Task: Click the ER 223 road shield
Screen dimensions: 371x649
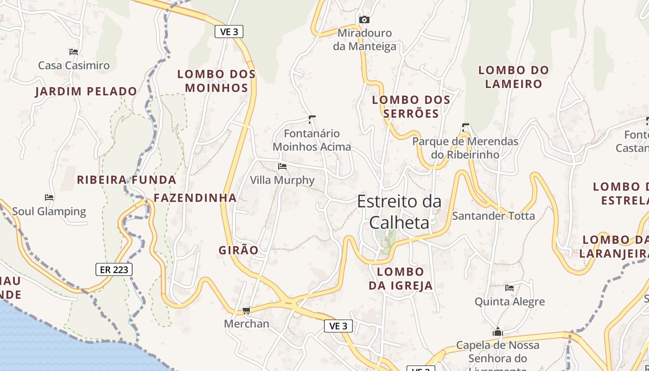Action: (x=114, y=269)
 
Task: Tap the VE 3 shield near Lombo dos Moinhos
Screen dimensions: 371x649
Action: (x=229, y=32)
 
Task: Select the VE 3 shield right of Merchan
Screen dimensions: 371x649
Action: (x=338, y=326)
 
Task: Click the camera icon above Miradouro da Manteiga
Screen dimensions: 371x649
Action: (x=364, y=19)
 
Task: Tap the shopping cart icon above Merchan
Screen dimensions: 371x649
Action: (x=246, y=310)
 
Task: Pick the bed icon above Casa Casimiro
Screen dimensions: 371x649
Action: (x=73, y=52)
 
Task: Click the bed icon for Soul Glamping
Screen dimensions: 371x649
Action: (x=49, y=198)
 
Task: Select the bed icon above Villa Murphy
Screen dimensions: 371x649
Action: (x=282, y=166)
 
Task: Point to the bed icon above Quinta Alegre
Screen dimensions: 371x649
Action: (x=509, y=288)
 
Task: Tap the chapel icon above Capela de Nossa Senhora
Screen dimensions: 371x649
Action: (x=498, y=332)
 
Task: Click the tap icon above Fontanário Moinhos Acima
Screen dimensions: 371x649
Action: (x=312, y=120)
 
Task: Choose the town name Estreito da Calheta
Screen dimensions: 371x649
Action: (x=399, y=212)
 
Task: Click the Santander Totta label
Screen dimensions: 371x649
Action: (x=493, y=216)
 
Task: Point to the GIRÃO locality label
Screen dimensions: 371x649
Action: (x=239, y=250)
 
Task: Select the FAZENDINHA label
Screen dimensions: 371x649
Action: (x=195, y=198)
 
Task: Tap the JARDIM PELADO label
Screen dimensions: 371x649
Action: (x=86, y=91)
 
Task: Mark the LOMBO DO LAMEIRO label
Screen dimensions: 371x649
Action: (x=514, y=77)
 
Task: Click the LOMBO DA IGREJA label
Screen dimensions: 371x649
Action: (x=401, y=278)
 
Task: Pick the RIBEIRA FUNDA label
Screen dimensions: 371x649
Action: (x=127, y=180)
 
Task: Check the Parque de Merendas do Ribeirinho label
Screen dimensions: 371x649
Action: (x=465, y=147)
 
